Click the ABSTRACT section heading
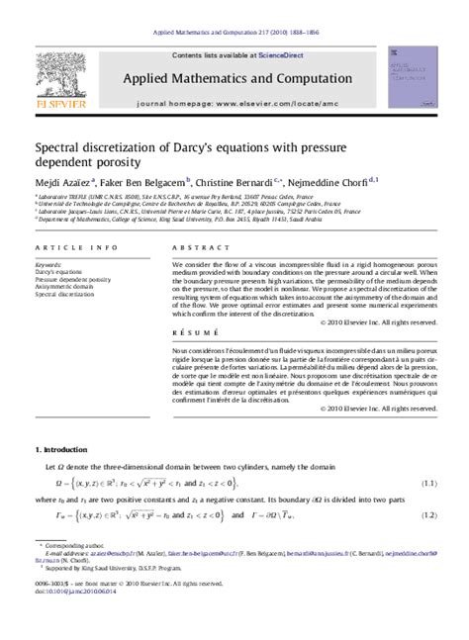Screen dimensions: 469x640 point(193,248)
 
